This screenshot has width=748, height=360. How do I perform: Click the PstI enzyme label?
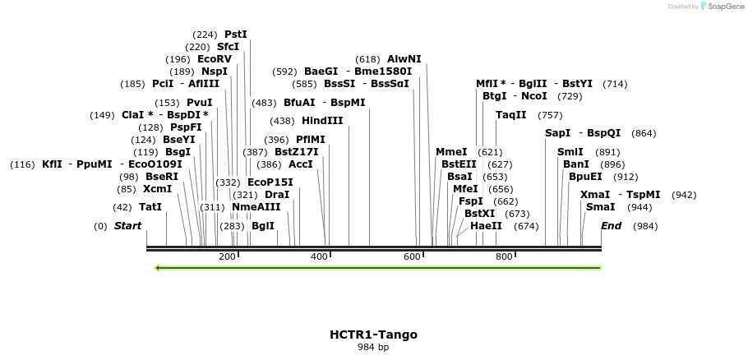(x=236, y=35)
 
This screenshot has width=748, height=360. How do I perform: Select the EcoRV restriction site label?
(x=215, y=59)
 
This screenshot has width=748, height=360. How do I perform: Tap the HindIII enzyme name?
(x=322, y=121)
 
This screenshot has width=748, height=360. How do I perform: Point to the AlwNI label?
(x=404, y=59)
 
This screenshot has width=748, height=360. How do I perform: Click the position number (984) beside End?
(x=645, y=226)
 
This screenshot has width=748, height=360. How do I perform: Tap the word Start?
(x=127, y=226)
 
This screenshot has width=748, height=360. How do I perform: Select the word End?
(x=611, y=226)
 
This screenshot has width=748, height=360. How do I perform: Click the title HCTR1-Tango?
(x=373, y=335)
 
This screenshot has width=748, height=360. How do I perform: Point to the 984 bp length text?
(x=373, y=348)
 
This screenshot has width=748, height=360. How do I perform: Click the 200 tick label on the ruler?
(x=227, y=257)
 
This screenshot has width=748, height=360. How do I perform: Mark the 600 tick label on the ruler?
(x=412, y=257)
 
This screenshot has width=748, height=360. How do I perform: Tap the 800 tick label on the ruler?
(x=504, y=257)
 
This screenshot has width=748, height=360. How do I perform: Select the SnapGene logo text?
(x=723, y=7)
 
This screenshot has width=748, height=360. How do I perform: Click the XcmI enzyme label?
(x=157, y=189)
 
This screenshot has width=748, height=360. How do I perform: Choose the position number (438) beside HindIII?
(x=282, y=121)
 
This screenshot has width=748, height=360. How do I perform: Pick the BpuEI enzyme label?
(x=585, y=177)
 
